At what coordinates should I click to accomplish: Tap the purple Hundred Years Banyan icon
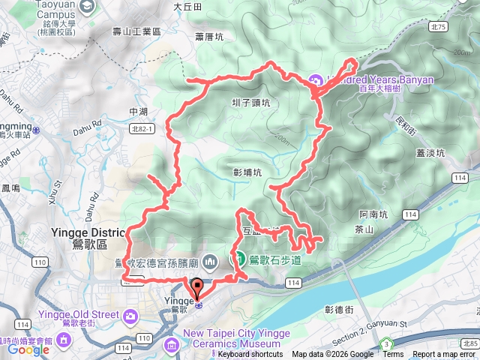(315, 79)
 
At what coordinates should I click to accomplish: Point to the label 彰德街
(339, 309)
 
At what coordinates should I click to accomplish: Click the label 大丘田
(187, 6)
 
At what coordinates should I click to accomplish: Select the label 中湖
(139, 112)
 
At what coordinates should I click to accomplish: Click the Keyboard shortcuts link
(250, 355)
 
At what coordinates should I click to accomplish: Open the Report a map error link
(444, 355)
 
